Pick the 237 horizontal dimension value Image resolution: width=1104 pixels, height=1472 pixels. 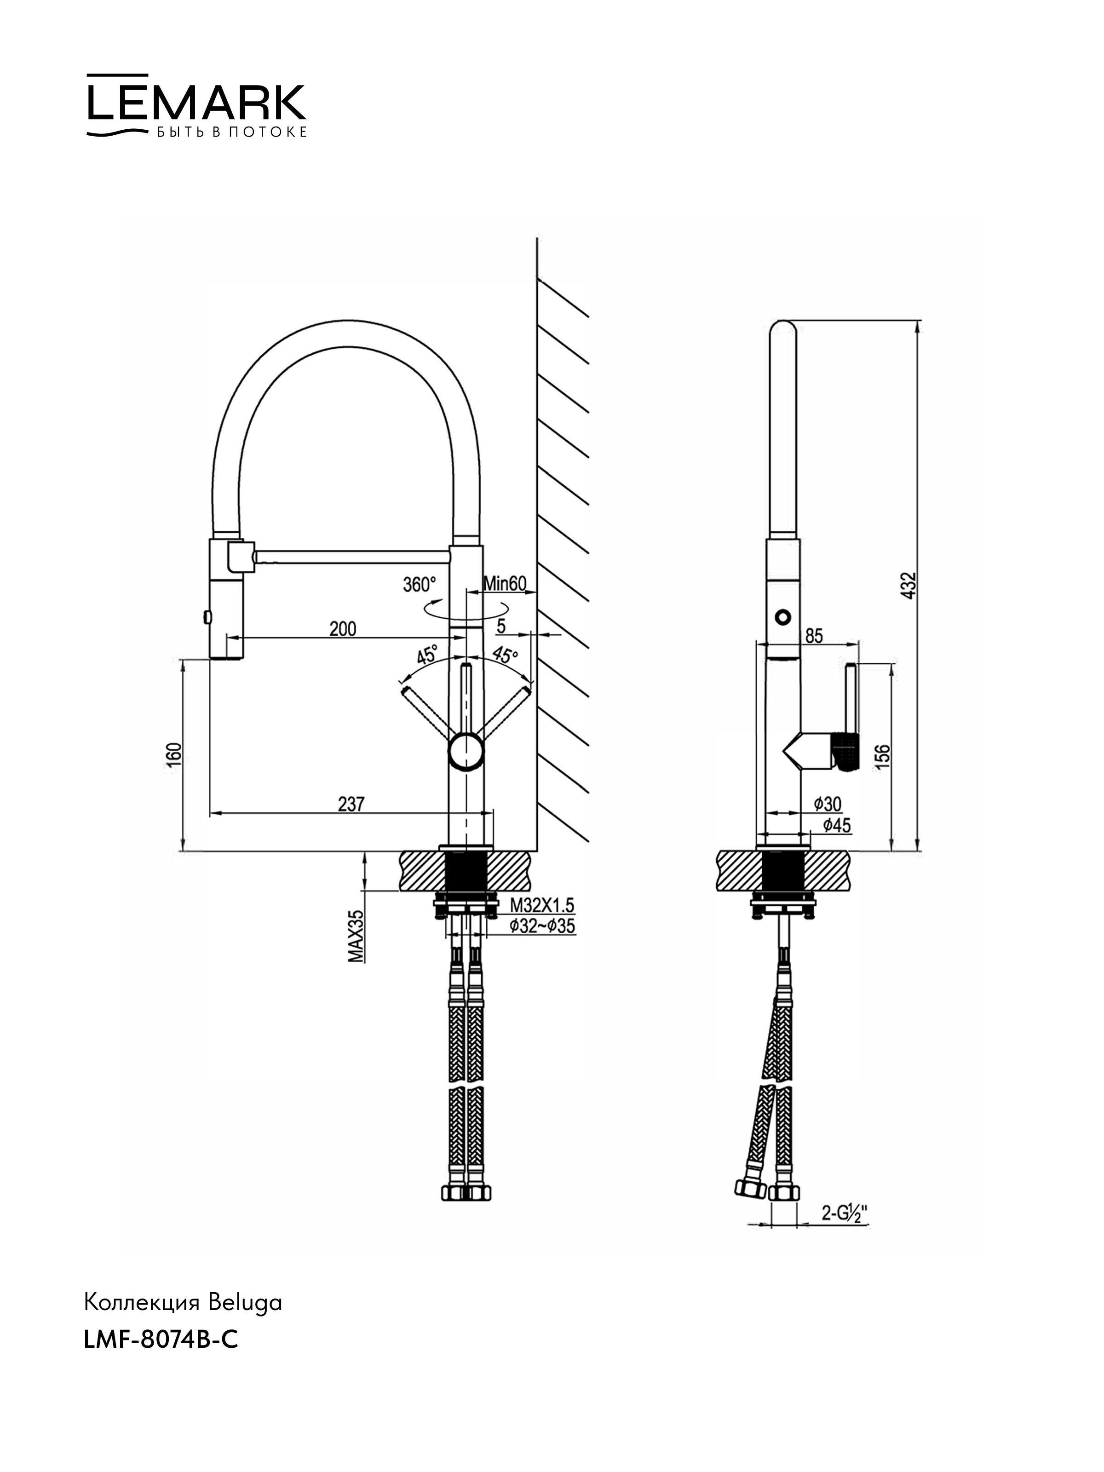tap(351, 804)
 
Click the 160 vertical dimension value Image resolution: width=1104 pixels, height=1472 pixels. tap(174, 756)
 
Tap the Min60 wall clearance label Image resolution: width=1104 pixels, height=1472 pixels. tap(505, 584)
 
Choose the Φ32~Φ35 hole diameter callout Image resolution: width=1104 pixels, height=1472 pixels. tap(542, 926)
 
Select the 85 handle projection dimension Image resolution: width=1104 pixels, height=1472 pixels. tap(814, 636)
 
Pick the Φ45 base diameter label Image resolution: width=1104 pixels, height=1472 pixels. tap(836, 826)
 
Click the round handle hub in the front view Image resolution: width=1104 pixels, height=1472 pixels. tap(466, 751)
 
